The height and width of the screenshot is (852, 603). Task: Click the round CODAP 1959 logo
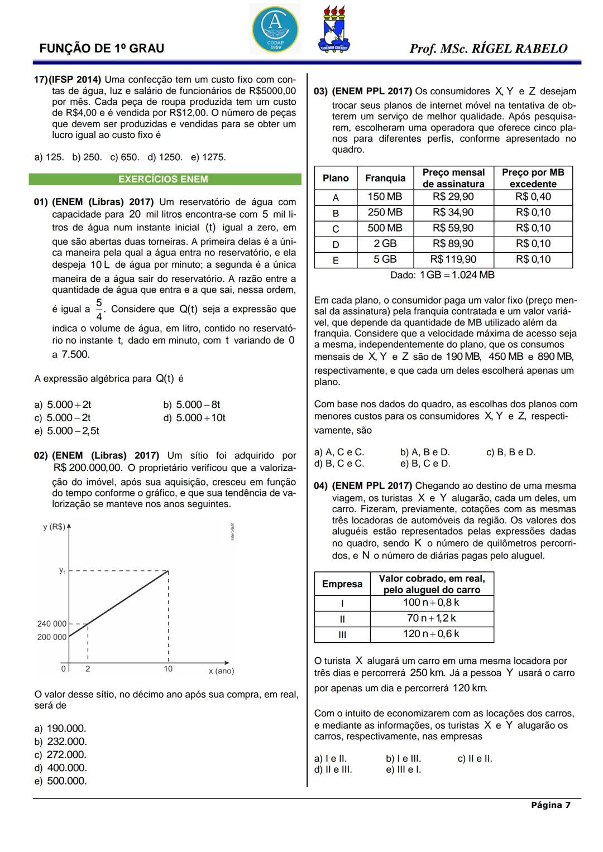tap(275, 28)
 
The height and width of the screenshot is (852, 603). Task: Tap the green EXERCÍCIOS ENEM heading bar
tap(165, 179)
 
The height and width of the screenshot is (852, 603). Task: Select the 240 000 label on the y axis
tap(52, 624)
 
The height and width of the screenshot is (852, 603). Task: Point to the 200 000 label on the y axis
tap(52, 637)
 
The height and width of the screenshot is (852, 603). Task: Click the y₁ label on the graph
tap(63, 570)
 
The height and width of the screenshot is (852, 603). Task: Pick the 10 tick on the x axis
tap(168, 669)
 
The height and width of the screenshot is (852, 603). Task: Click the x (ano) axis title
tap(221, 671)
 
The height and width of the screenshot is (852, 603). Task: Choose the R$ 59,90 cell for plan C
tap(453, 228)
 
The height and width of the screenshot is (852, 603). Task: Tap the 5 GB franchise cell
tap(385, 259)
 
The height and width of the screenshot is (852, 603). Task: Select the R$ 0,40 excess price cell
tap(533, 197)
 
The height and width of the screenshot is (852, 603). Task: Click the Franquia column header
tap(385, 178)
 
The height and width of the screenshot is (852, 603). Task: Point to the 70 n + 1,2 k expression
tap(431, 618)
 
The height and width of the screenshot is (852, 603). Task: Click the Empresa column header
tap(342, 584)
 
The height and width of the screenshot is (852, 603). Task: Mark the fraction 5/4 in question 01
tap(99, 309)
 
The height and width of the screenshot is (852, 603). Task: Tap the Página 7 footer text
tap(551, 805)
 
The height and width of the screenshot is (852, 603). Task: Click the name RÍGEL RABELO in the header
tap(519, 49)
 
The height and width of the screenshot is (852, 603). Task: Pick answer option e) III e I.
tap(403, 769)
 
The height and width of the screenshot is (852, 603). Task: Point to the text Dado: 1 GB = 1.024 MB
tap(442, 275)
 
